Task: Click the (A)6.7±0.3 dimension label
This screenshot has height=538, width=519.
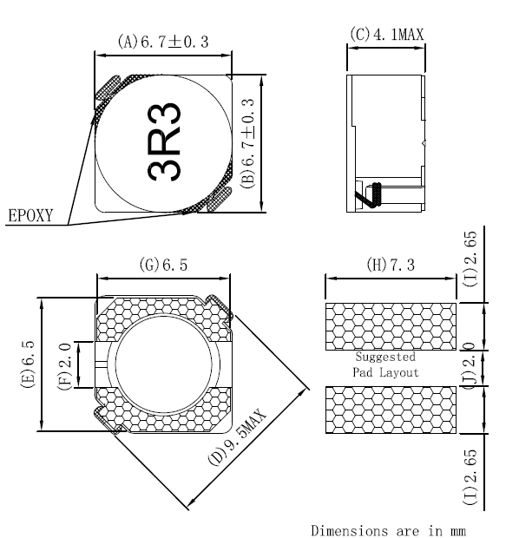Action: pyautogui.click(x=163, y=41)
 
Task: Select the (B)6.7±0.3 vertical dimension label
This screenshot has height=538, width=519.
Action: pyautogui.click(x=248, y=143)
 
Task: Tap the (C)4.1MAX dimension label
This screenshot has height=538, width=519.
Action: pyautogui.click(x=386, y=35)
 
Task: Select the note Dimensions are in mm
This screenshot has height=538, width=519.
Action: pyautogui.click(x=393, y=528)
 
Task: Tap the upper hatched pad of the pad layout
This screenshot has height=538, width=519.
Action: pyautogui.click(x=390, y=326)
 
